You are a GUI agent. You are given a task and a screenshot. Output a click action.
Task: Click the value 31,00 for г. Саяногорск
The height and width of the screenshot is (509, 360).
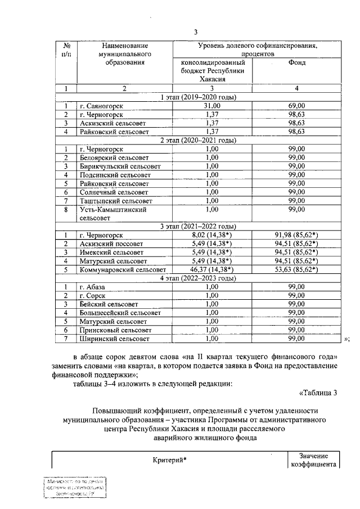click(211, 106)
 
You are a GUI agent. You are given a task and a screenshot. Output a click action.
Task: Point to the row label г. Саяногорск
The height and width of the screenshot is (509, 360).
click(102, 106)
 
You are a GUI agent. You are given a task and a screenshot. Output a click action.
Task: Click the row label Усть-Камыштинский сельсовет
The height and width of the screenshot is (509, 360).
click(113, 213)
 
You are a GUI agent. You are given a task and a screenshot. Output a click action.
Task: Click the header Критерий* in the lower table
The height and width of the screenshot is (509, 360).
click(169, 460)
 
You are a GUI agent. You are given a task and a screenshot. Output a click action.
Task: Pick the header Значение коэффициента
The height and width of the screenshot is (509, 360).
click(313, 460)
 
